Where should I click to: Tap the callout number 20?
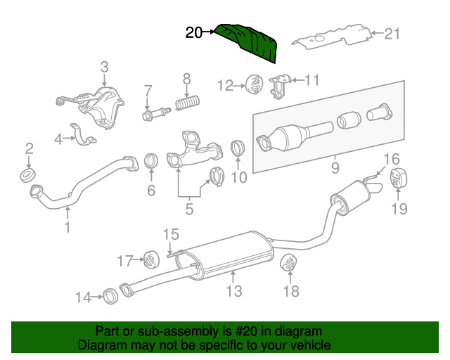(x=194, y=32)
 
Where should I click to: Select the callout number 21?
(x=392, y=33)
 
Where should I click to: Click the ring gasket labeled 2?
(x=29, y=174)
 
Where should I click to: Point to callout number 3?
(x=104, y=67)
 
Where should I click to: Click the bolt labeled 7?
(x=155, y=112)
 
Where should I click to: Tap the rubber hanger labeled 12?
(x=253, y=86)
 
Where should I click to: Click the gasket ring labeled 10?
(x=238, y=149)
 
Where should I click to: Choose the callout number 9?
(x=335, y=168)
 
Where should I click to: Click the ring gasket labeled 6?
(x=151, y=161)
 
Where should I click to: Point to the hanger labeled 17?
(x=149, y=260)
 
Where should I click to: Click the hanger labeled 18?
(x=289, y=263)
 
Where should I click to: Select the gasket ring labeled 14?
(x=110, y=296)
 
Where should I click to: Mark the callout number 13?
(x=234, y=290)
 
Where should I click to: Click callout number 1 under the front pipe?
(x=67, y=227)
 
